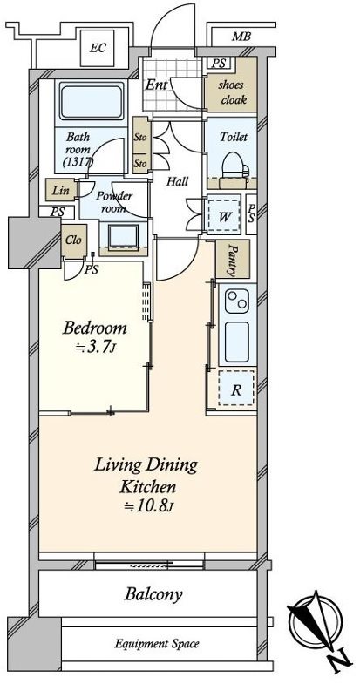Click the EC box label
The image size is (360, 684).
98,48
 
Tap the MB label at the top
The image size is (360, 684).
241,37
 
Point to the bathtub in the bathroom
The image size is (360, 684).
92,102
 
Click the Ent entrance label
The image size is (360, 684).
157,85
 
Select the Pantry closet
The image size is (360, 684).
233,259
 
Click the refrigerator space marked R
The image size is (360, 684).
236,389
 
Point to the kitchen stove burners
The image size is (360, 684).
237,301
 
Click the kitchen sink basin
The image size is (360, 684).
237,342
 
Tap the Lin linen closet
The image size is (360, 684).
61,190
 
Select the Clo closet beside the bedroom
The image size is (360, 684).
74,240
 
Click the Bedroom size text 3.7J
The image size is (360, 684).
95,347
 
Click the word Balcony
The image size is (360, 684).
153,594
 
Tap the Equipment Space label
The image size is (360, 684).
157,643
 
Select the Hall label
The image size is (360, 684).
177,181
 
